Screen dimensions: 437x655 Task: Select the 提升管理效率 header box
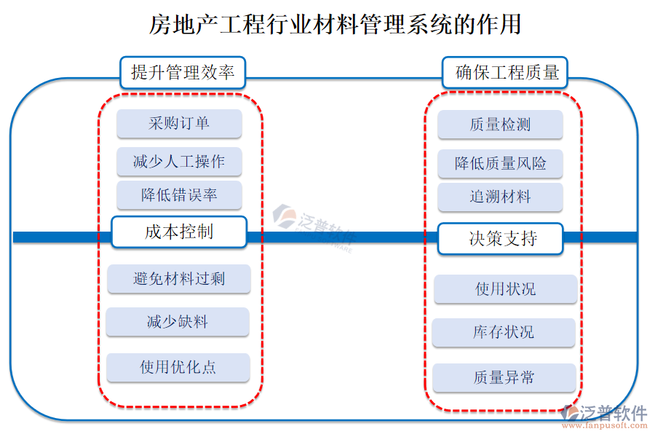(x=182, y=72)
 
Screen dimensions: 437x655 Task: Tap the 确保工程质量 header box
(x=505, y=72)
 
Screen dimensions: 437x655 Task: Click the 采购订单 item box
(x=179, y=124)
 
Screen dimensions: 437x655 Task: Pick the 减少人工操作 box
(x=179, y=162)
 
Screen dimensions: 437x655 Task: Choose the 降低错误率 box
(x=179, y=195)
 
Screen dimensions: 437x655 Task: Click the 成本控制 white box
(x=179, y=232)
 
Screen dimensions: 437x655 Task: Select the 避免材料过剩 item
(x=179, y=279)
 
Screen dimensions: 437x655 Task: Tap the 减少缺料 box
(x=178, y=322)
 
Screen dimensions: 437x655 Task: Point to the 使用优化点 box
(x=178, y=367)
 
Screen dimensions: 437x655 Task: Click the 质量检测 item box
(x=500, y=125)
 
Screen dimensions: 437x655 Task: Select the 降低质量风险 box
(x=500, y=163)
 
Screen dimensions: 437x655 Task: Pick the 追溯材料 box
(x=500, y=197)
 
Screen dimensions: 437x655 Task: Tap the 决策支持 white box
(x=500, y=238)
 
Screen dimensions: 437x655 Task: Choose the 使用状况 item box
(x=506, y=289)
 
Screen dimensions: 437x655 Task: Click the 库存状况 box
(x=504, y=332)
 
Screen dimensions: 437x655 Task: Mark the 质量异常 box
(x=504, y=378)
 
